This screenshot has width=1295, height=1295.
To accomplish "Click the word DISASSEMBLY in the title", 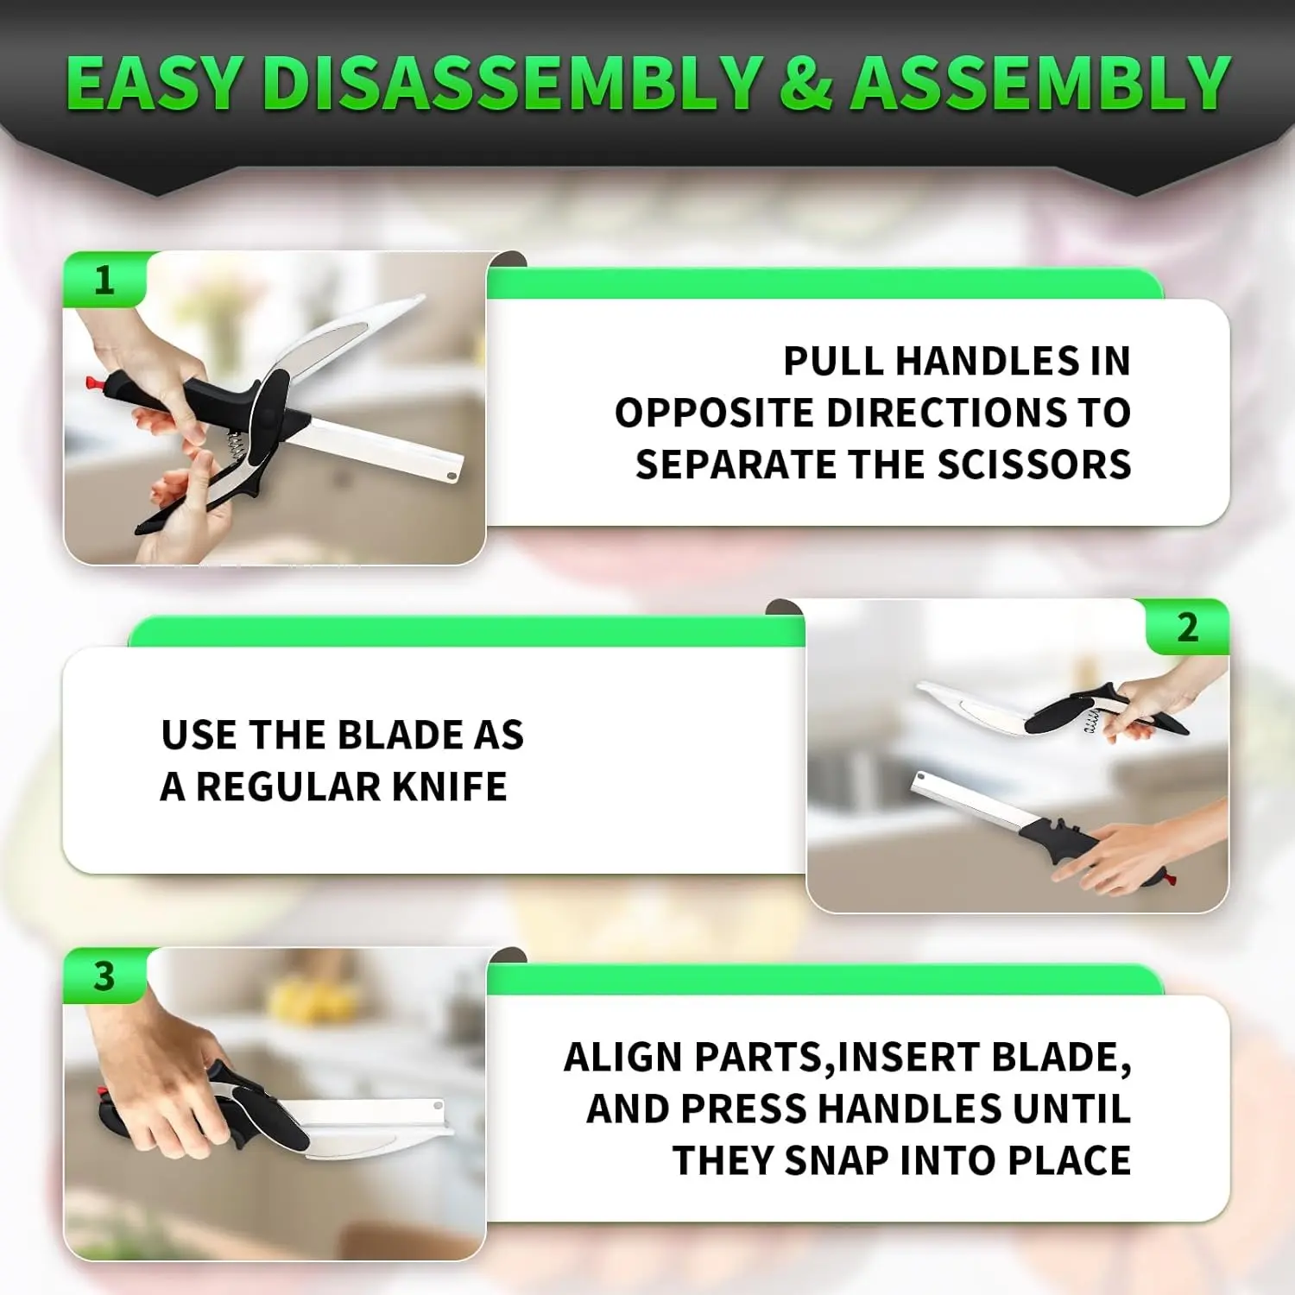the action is click(513, 83).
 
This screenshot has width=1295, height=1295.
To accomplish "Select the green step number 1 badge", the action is click(105, 280).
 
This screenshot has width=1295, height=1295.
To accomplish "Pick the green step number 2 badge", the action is click(1188, 627).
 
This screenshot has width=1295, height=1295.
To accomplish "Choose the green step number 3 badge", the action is click(105, 976).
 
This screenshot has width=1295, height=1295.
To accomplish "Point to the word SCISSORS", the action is click(1034, 464).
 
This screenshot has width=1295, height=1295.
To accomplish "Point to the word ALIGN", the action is click(623, 1057).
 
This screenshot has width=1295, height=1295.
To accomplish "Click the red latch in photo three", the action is click(104, 1095).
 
